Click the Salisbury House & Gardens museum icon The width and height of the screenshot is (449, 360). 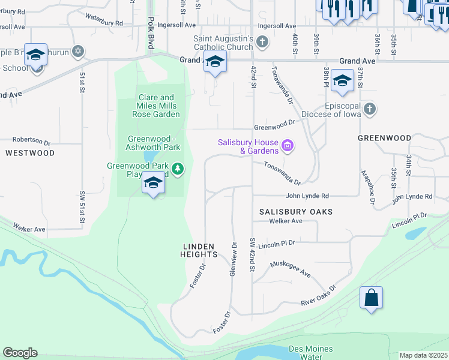coord(287,146)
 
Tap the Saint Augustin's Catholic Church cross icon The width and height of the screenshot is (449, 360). coord(262,42)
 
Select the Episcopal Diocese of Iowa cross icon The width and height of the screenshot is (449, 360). coord(370,109)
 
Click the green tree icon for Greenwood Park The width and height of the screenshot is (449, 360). coord(177,169)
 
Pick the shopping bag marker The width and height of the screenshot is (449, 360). coord(371,298)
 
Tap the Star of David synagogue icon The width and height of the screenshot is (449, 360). coord(77,52)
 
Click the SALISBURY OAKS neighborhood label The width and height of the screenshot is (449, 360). coord(296,212)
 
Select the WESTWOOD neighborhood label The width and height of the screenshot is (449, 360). coord(30,153)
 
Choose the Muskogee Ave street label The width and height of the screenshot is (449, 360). coord(291,268)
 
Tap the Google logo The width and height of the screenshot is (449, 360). coord(20,353)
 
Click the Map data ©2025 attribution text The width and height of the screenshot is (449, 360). coord(424,355)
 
